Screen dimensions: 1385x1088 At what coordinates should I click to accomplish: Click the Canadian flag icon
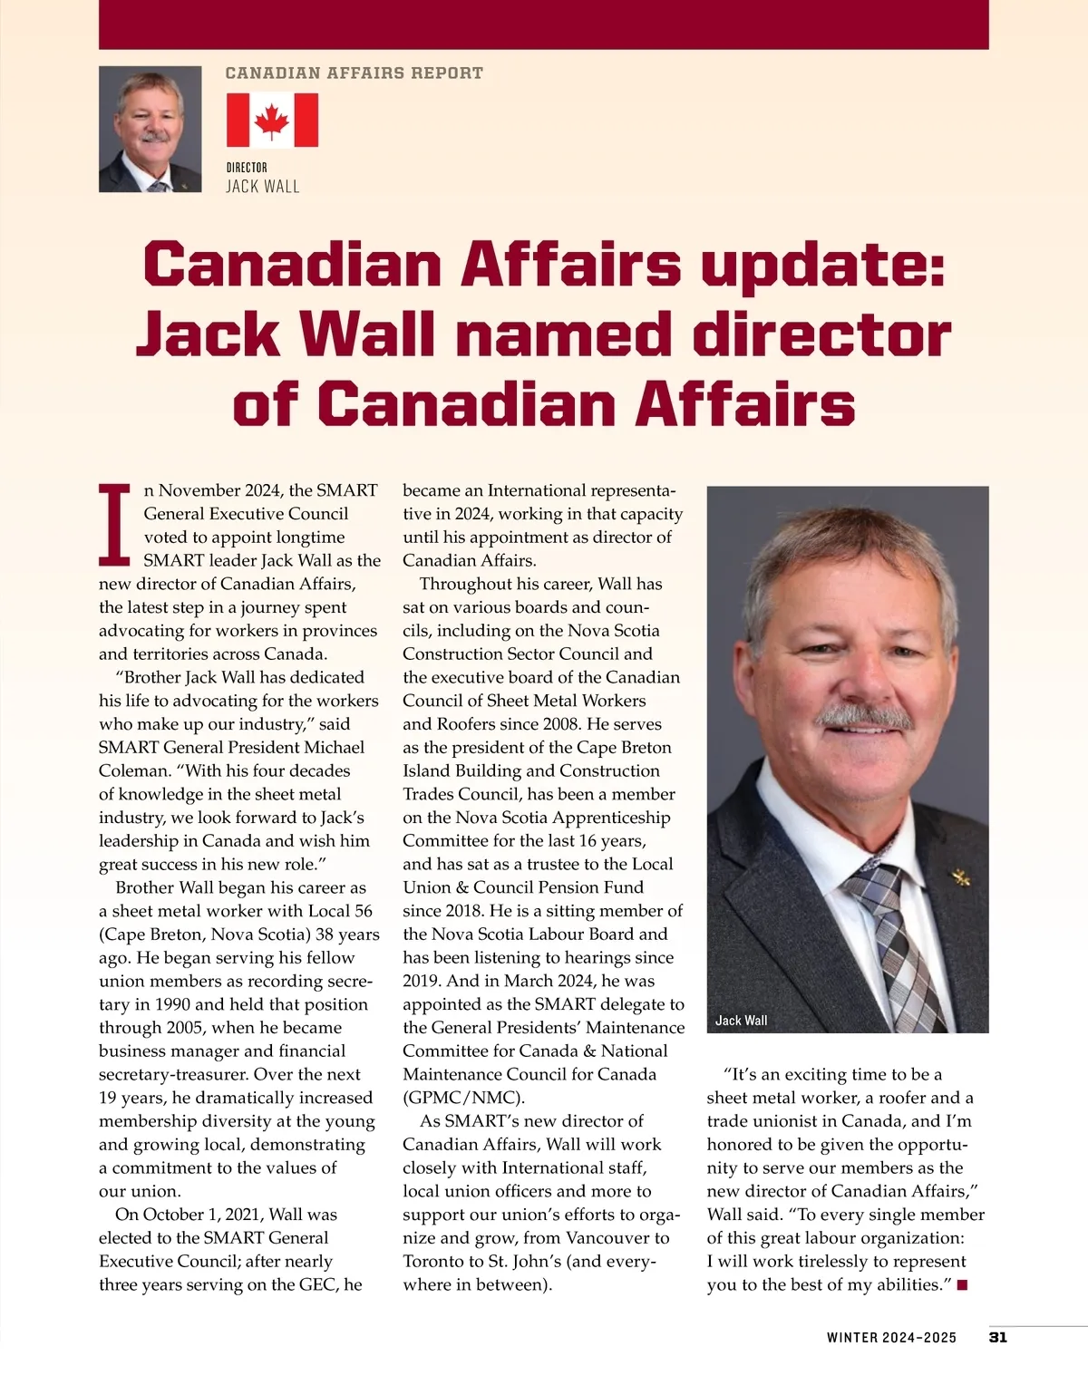(272, 121)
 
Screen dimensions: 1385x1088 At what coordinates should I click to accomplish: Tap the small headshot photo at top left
(150, 129)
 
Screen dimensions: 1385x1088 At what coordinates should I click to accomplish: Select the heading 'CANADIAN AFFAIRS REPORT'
(354, 73)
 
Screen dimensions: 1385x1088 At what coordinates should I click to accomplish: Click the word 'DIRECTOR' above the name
(247, 168)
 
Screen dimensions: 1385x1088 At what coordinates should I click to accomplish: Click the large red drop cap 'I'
(115, 525)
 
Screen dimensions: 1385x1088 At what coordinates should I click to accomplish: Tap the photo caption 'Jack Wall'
(741, 1021)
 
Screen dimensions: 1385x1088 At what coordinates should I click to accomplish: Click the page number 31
(997, 1337)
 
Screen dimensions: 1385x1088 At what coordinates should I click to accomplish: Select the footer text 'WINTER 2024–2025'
(891, 1338)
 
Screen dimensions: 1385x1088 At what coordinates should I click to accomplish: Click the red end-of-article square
(962, 1284)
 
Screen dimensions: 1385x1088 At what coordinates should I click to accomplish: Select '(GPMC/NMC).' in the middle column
(463, 1098)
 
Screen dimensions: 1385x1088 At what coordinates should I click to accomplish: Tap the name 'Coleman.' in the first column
(133, 770)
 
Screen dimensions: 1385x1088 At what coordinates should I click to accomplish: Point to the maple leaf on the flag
(272, 121)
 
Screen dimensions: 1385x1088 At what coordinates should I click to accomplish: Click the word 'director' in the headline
(821, 334)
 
